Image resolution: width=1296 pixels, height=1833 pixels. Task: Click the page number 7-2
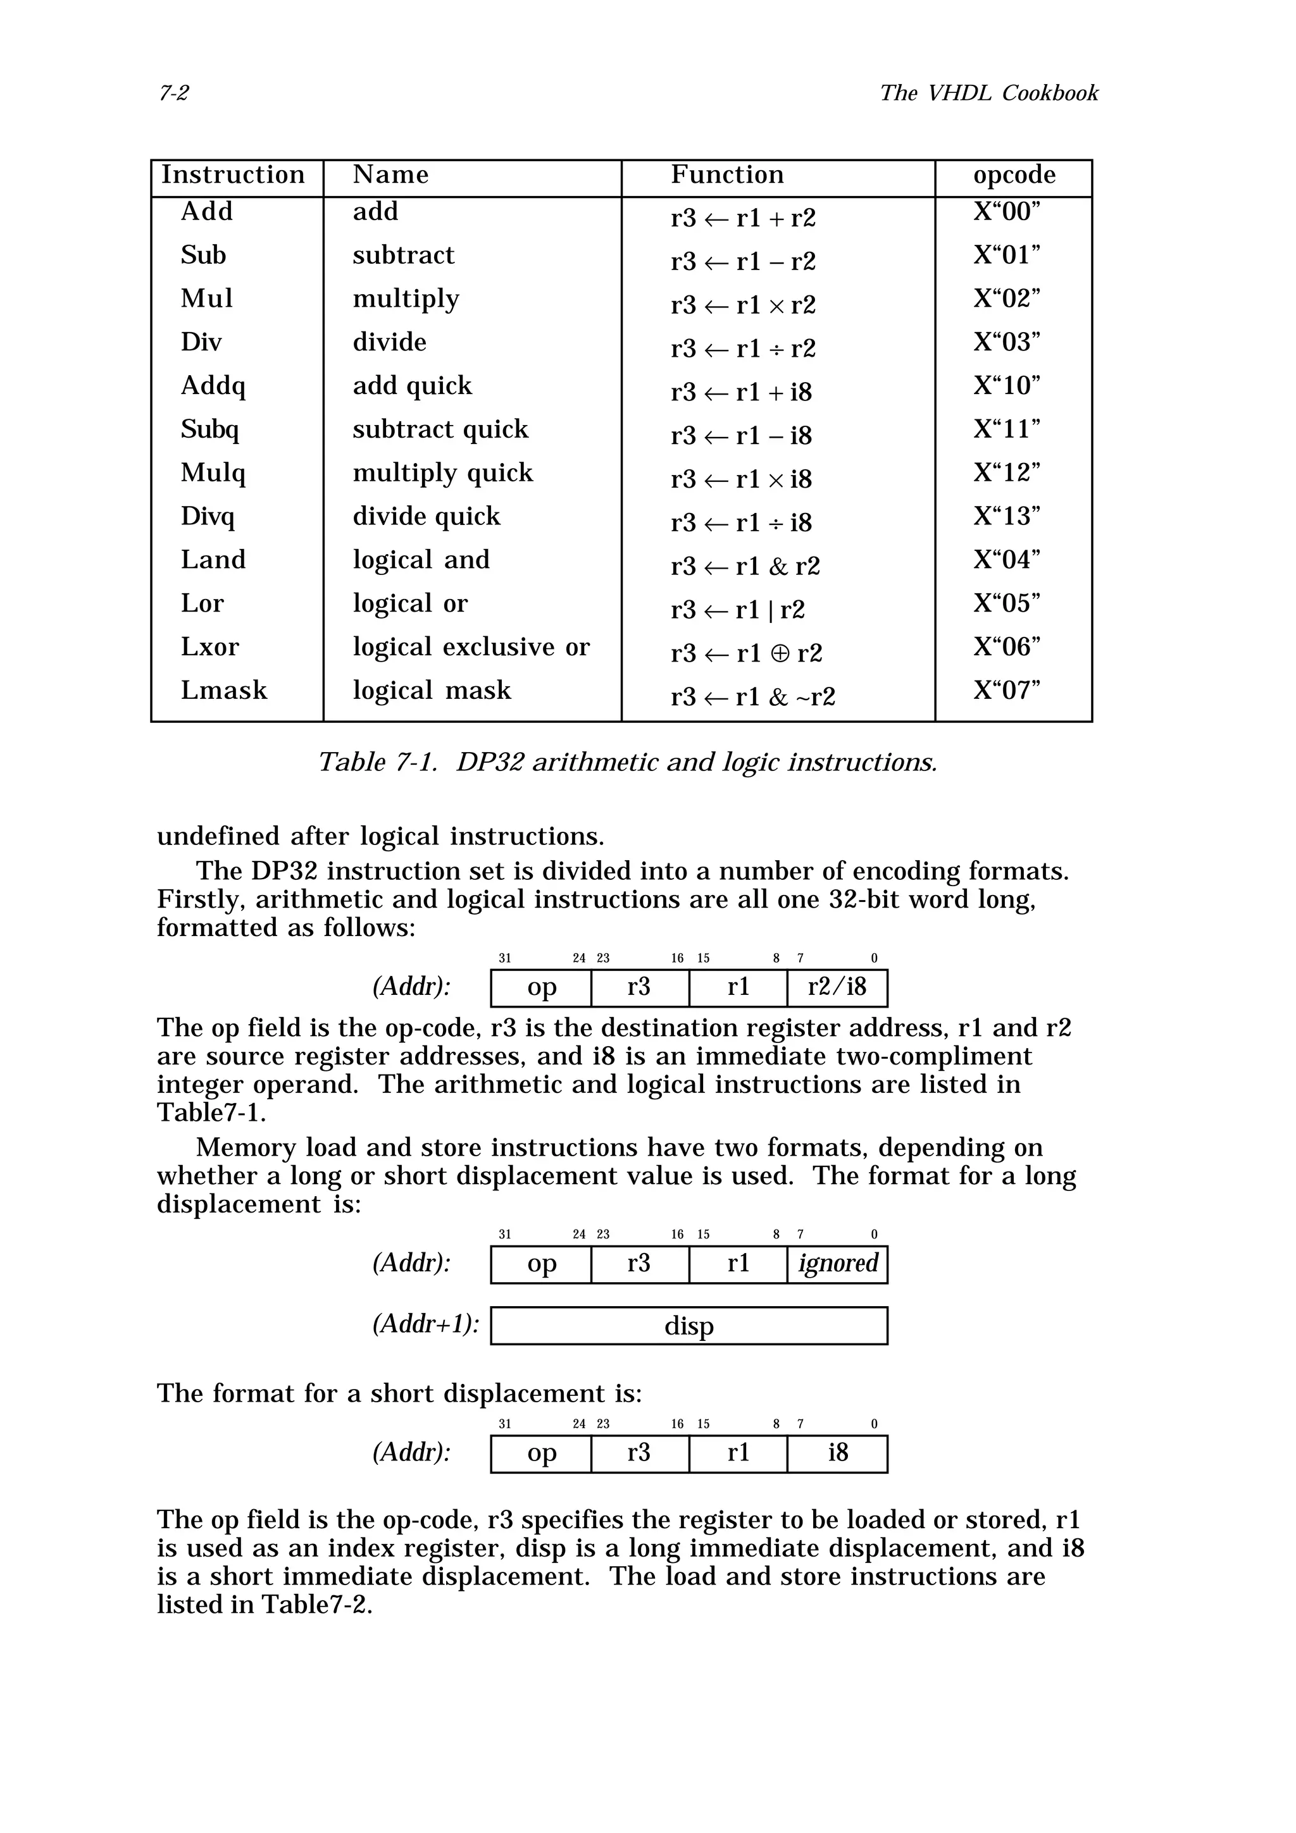173,94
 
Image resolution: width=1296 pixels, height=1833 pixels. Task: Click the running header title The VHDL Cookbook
988,94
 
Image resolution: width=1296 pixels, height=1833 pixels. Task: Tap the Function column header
726,175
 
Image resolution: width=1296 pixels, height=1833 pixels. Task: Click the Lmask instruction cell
223,690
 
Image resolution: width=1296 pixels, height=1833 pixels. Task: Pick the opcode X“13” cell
1006,517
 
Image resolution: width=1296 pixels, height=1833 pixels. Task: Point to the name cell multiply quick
442,472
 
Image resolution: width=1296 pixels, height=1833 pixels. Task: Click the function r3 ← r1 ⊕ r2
746,653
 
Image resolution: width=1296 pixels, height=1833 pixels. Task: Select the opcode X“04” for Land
1006,560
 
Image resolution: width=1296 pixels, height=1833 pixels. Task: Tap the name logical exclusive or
471,646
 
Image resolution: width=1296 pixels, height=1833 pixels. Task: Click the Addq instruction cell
213,386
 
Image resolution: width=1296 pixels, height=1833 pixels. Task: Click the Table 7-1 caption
628,762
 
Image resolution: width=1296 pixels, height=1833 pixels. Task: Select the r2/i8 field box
837,987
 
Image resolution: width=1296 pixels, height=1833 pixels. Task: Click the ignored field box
837,1264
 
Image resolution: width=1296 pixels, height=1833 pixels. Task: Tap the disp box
688,1326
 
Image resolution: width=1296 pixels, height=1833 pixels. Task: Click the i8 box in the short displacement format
837,1453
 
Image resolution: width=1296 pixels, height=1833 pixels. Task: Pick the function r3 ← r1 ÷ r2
743,349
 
